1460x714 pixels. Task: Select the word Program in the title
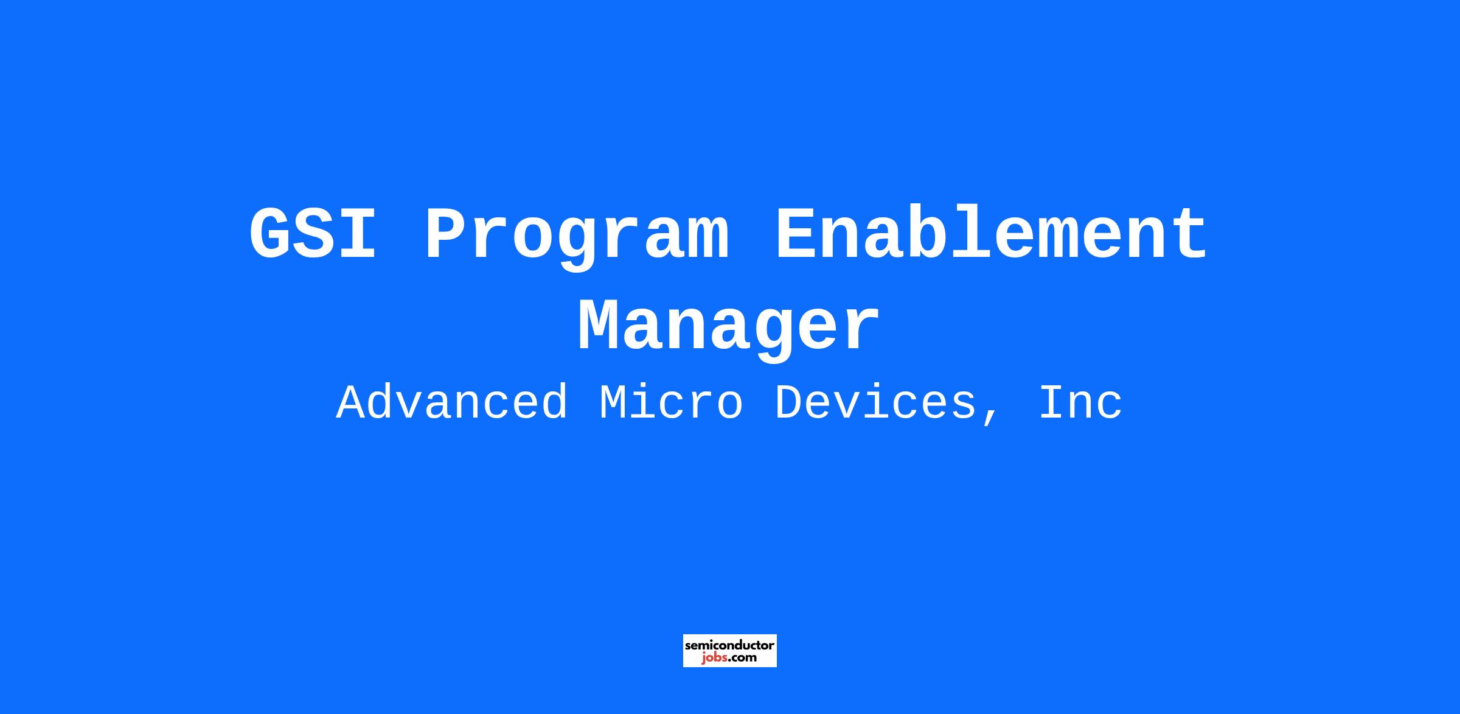coord(576,238)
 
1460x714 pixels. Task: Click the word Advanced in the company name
coord(452,402)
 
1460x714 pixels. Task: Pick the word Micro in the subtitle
coord(671,402)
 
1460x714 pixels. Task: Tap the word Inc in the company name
coord(1080,402)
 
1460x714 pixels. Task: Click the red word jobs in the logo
coord(715,658)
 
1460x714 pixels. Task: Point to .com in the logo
coord(743,658)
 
